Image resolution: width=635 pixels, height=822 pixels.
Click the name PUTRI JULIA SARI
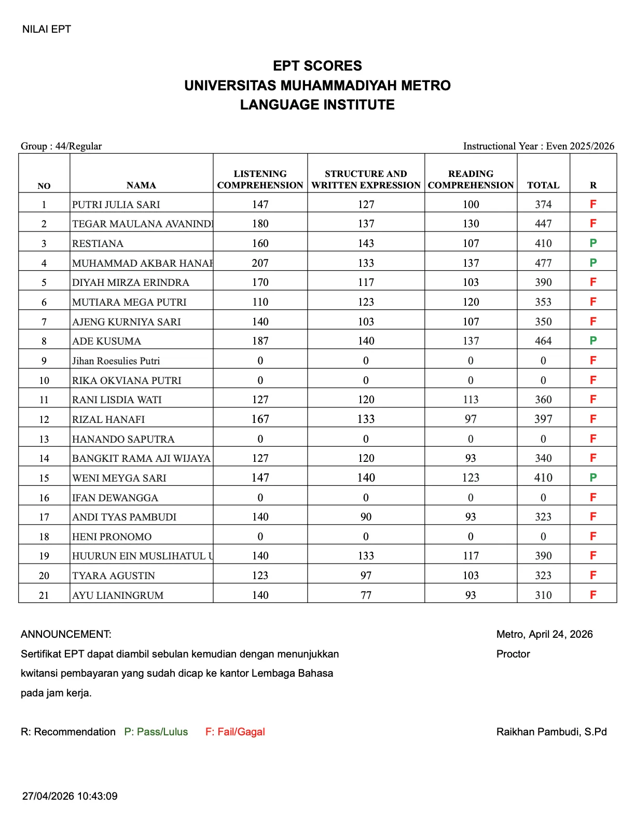coord(116,204)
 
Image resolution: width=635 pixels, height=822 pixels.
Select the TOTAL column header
coord(543,185)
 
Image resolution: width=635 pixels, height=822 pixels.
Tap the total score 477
coord(543,263)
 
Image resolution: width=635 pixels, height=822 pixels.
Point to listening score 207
coord(260,263)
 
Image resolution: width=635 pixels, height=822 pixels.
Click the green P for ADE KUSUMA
coord(593,340)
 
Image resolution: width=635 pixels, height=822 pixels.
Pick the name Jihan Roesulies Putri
coord(116,361)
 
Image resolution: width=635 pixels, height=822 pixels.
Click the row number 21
coord(44,595)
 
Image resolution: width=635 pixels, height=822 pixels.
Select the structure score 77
coord(366,595)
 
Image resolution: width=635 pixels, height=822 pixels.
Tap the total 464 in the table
coord(543,341)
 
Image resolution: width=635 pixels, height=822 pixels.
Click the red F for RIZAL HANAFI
coord(593,419)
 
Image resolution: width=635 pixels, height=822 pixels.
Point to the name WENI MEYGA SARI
coord(119,478)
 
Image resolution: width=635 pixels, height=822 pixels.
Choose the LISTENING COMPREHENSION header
coord(260,180)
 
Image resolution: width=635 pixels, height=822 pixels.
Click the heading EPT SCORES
coord(317,66)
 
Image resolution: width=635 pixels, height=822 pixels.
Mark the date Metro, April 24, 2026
coord(544,634)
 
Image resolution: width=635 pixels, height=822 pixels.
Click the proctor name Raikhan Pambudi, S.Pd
coord(551,732)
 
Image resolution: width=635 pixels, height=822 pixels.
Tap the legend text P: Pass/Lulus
coord(156,732)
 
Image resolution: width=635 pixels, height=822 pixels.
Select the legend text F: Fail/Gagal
coord(235,732)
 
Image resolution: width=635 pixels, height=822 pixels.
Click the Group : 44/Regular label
coord(61,146)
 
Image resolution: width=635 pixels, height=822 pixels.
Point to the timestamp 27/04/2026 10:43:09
coord(70,796)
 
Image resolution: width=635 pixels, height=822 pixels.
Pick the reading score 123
coord(471,477)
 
